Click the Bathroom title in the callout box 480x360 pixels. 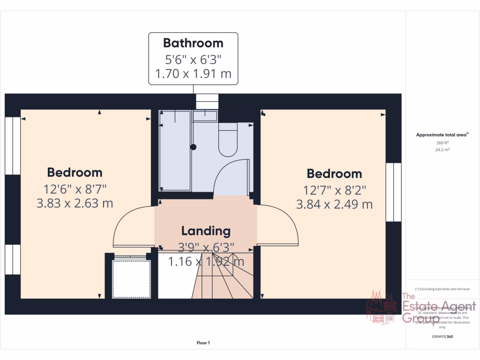193,43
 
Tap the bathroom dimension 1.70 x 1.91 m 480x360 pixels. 193,74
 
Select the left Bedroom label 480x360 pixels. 75,172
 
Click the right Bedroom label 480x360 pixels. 334,174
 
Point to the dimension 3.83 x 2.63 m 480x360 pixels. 75,203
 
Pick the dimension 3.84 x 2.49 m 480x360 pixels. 334,204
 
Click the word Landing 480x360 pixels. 206,231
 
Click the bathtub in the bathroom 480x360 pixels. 175,150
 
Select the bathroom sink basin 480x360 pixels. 205,116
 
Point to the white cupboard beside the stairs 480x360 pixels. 131,277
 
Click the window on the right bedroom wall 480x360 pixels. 394,192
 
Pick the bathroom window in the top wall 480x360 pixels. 207,101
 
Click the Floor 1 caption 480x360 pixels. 203,343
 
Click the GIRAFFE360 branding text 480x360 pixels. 442,337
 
